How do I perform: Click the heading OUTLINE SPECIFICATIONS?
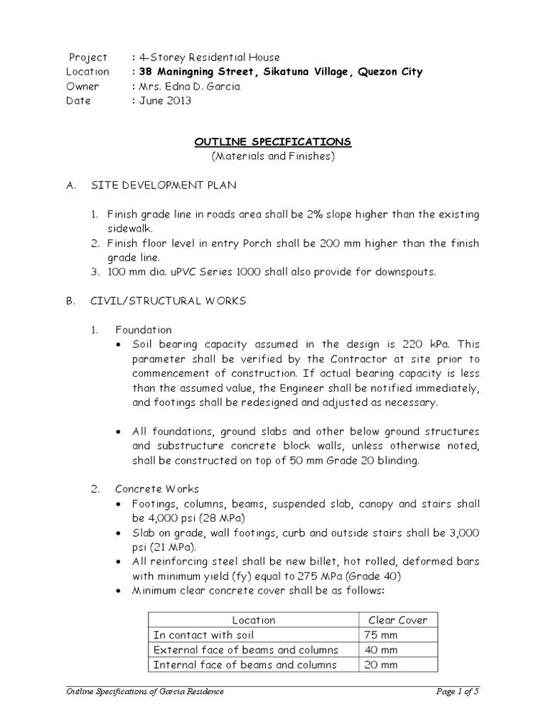(273, 142)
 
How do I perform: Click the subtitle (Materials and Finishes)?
(273, 156)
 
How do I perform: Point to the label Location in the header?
(87, 72)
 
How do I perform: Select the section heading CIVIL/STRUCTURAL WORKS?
(168, 301)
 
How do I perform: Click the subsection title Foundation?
(144, 330)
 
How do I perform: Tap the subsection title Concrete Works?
(157, 489)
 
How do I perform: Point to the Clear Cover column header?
(397, 620)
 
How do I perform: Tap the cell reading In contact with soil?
(203, 635)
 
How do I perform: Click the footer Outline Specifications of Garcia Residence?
(144, 692)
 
